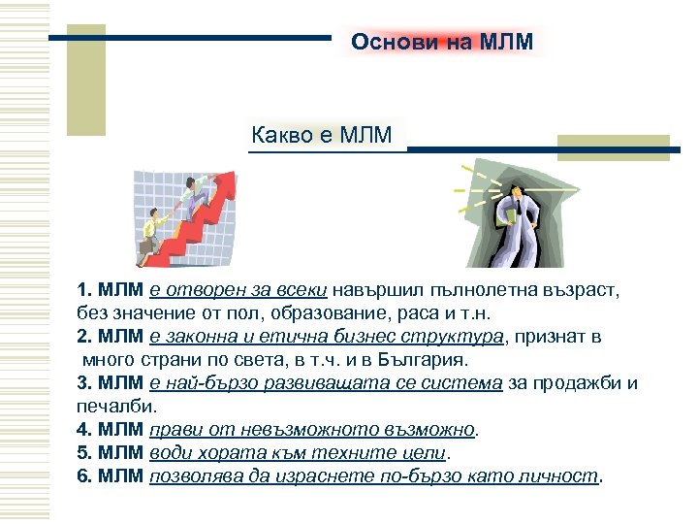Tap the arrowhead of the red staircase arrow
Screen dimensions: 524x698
tap(224, 179)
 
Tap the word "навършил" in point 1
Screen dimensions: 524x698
tap(373, 290)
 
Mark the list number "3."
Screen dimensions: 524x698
tap(84, 383)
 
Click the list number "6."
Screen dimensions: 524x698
tap(84, 475)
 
